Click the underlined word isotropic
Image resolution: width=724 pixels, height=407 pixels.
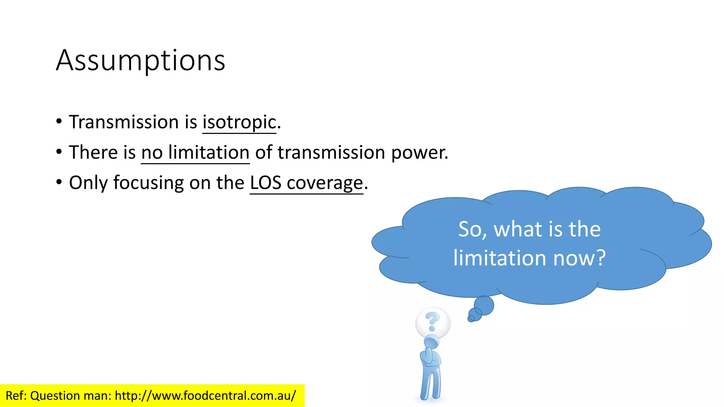[x=239, y=122]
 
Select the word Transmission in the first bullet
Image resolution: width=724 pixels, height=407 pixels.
[x=124, y=122]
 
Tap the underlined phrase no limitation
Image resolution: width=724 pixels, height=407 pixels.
[x=195, y=153]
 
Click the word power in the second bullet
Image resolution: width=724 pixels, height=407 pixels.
[x=419, y=153]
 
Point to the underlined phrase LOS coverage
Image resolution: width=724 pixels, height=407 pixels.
[x=306, y=183]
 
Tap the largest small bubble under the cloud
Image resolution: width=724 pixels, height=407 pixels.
[x=484, y=305]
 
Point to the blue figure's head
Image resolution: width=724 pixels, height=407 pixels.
[x=431, y=342]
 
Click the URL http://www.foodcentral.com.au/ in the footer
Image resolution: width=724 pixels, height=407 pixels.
[x=205, y=396]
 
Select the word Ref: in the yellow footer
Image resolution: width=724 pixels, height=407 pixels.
[x=16, y=396]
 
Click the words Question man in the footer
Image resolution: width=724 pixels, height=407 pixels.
[x=71, y=396]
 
